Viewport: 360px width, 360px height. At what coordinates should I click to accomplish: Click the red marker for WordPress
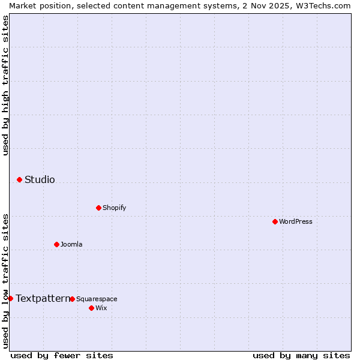point(275,221)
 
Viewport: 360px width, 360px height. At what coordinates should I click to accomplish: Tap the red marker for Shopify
point(98,208)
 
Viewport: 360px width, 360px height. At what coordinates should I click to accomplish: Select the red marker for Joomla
point(56,244)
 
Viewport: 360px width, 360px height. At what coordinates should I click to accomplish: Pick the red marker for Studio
point(19,179)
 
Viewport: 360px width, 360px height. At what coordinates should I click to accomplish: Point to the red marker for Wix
point(91,308)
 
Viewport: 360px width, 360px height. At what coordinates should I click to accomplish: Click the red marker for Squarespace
point(72,299)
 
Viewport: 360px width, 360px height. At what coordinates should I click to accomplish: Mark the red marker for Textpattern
point(10,298)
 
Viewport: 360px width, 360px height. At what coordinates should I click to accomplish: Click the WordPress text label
point(296,221)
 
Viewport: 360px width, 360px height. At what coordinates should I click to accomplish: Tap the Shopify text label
point(115,208)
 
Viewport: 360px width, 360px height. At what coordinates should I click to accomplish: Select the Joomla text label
point(71,244)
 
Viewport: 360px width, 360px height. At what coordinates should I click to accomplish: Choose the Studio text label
point(40,179)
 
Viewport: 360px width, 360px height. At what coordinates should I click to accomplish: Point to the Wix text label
point(101,308)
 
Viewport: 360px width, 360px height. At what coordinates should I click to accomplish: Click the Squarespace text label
point(97,299)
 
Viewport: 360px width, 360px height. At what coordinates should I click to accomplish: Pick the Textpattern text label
point(43,298)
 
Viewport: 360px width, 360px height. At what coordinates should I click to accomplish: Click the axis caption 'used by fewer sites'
point(62,355)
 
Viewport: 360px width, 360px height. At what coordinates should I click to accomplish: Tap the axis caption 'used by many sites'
point(301,355)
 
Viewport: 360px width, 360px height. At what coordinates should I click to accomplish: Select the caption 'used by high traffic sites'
point(5,85)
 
